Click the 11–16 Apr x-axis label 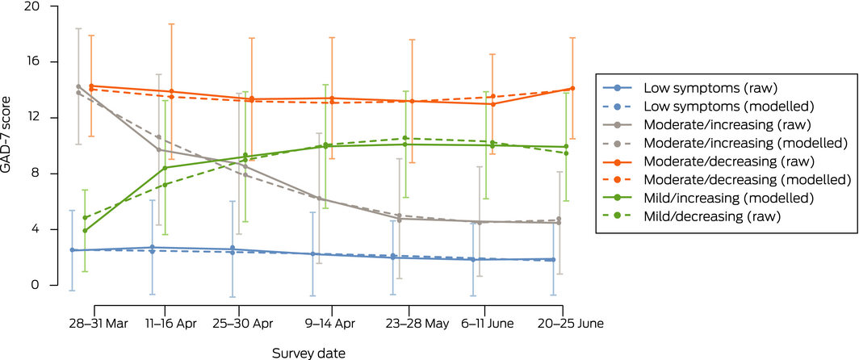tap(166, 322)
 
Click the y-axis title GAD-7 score tap(10, 146)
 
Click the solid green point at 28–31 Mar tap(85, 230)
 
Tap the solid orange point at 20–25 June tap(572, 88)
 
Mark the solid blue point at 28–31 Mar tap(72, 250)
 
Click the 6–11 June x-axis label tap(484, 322)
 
